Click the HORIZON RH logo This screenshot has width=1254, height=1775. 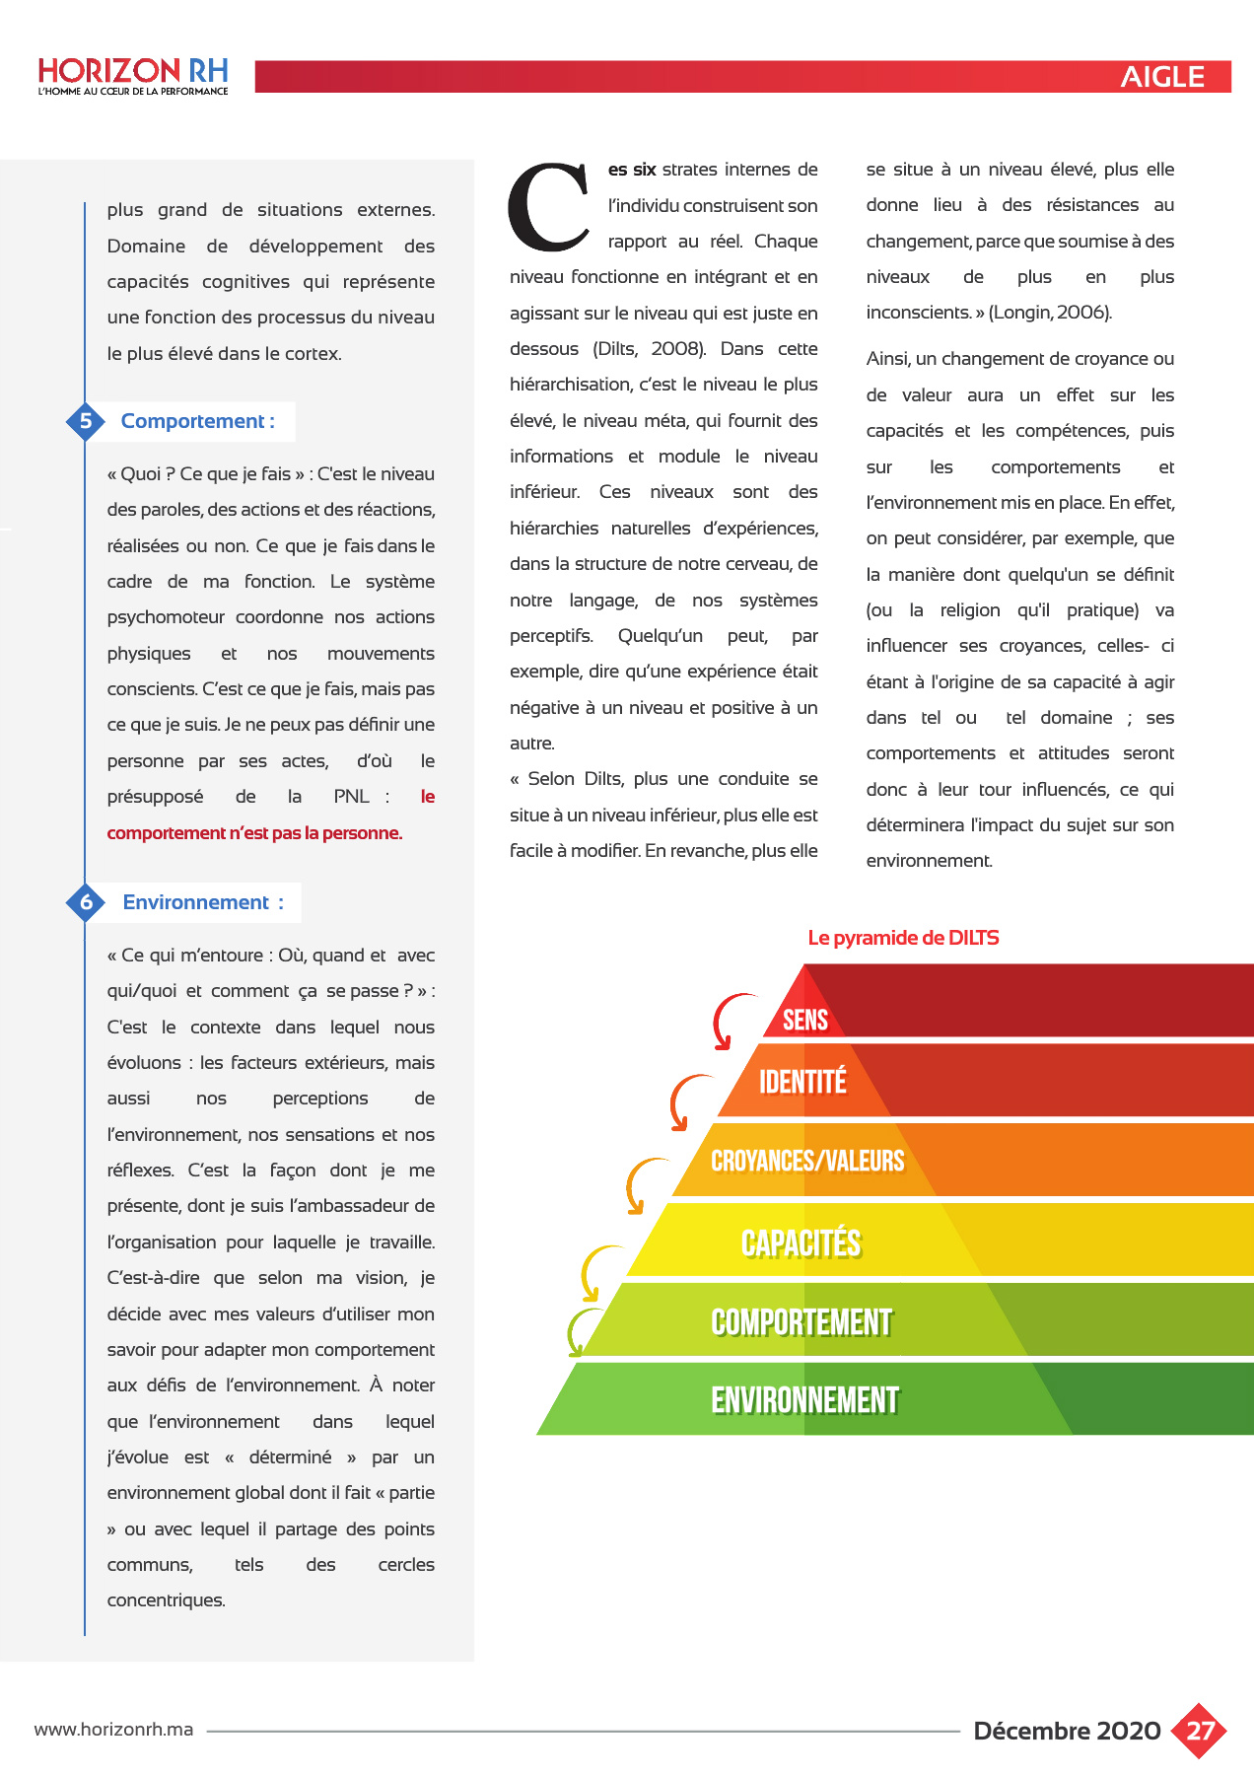[x=133, y=76]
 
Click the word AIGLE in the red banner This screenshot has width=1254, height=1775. [x=1161, y=77]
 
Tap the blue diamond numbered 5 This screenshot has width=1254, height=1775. [x=86, y=421]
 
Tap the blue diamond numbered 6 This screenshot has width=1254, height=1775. [x=86, y=902]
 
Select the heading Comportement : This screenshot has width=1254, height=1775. [x=197, y=421]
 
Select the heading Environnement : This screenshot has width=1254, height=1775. [x=202, y=902]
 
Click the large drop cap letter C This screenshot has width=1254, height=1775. [x=548, y=207]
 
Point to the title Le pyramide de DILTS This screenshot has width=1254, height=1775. [x=903, y=938]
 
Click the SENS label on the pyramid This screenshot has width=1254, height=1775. [x=805, y=1020]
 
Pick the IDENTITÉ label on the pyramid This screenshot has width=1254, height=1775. [x=802, y=1082]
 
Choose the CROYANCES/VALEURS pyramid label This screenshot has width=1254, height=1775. [x=807, y=1161]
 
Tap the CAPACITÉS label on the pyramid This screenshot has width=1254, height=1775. [x=801, y=1243]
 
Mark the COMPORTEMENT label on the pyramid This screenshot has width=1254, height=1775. [x=801, y=1322]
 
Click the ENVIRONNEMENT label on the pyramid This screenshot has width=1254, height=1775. [x=804, y=1399]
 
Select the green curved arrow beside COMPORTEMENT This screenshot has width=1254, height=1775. [x=581, y=1331]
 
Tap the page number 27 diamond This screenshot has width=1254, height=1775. [x=1199, y=1731]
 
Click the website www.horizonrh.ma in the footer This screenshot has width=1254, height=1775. [x=113, y=1730]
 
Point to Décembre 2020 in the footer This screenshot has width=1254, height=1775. [x=1067, y=1731]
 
